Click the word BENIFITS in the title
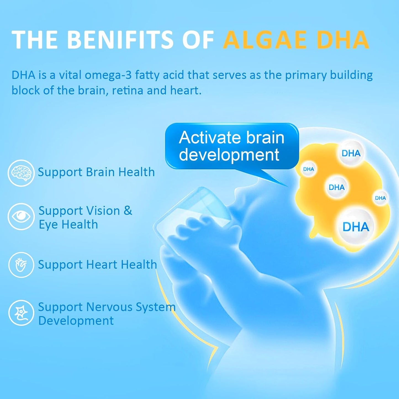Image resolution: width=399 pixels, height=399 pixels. (x=120, y=39)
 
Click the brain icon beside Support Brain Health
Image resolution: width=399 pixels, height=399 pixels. (x=21, y=173)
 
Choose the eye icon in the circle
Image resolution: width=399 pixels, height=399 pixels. (x=21, y=217)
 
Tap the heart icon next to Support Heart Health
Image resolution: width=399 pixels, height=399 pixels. (x=21, y=265)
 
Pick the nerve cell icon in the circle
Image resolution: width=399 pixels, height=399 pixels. (x=21, y=313)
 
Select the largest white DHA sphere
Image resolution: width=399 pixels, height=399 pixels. (x=356, y=227)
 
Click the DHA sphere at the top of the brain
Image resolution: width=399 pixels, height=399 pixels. (x=351, y=153)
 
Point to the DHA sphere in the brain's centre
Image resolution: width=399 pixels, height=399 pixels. (x=336, y=187)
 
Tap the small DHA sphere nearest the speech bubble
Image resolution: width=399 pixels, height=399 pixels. (x=308, y=169)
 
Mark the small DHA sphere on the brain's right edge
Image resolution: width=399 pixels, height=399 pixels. (x=380, y=198)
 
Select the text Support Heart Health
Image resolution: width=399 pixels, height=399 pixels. (x=97, y=265)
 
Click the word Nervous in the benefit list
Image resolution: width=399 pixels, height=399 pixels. (x=109, y=307)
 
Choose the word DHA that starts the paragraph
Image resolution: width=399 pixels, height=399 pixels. (x=23, y=75)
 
